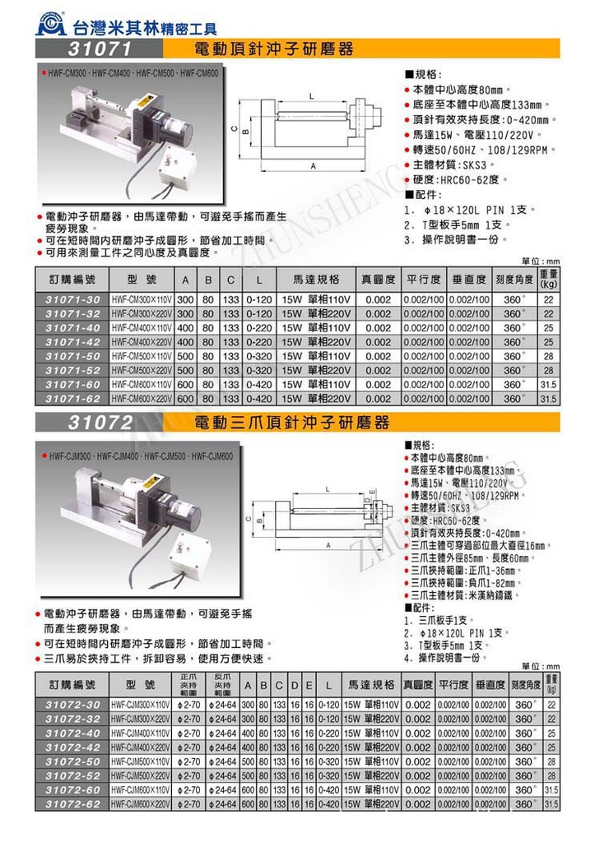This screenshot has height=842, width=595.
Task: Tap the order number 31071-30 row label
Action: [x=72, y=299]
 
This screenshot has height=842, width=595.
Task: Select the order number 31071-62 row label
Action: [x=72, y=399]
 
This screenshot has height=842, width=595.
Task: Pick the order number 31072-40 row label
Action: [x=72, y=733]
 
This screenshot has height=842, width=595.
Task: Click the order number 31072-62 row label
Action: [x=72, y=803]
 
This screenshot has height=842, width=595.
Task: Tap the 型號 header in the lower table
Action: [x=142, y=683]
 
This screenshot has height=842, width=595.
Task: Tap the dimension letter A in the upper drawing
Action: [x=313, y=166]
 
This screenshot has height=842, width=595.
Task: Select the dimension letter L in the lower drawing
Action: [x=328, y=489]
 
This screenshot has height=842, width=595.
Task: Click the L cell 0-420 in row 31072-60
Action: [x=328, y=789]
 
